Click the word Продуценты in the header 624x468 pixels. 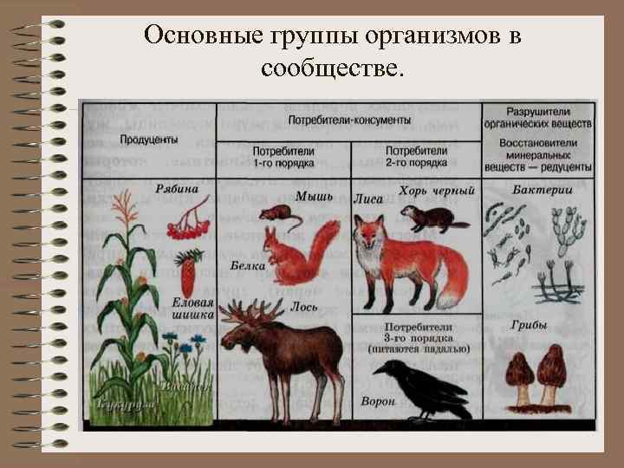tap(150, 140)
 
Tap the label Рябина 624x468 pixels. tap(177, 190)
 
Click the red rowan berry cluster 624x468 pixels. tap(185, 229)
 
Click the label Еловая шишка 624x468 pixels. tap(193, 309)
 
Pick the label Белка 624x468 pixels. tap(248, 265)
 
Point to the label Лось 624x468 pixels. tap(304, 307)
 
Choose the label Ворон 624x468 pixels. tap(377, 401)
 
